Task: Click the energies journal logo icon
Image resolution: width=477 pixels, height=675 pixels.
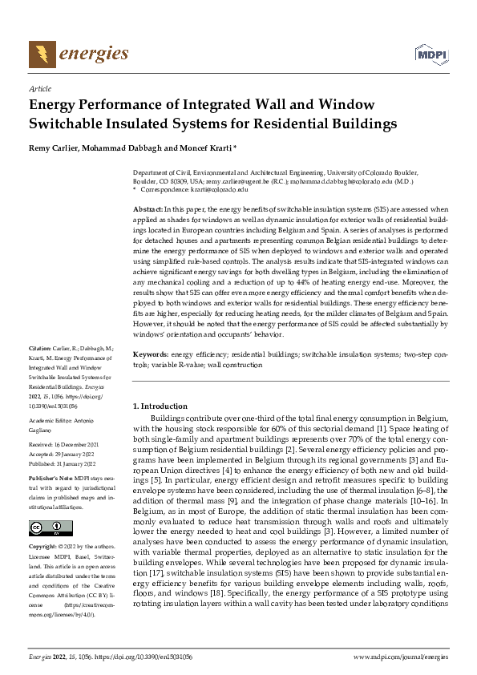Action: click(42, 55)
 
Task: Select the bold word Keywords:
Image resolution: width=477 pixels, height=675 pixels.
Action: click(151, 354)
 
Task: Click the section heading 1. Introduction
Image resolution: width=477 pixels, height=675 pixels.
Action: click(160, 406)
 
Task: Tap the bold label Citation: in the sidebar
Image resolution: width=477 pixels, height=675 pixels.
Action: click(41, 371)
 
